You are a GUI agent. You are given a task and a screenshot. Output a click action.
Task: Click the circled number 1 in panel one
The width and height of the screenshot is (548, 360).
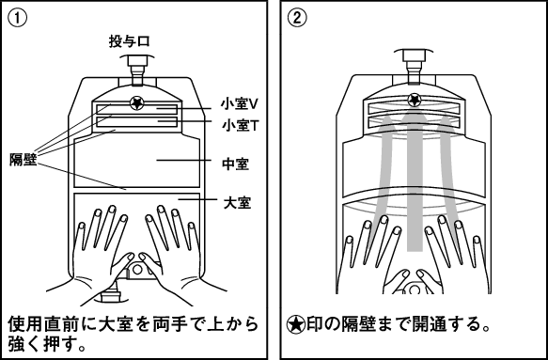pyautogui.click(x=17, y=18)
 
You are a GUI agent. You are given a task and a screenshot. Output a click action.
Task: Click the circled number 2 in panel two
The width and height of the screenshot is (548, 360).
pyautogui.click(x=297, y=18)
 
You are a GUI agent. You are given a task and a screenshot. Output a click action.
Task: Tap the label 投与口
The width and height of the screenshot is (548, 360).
pyautogui.click(x=130, y=41)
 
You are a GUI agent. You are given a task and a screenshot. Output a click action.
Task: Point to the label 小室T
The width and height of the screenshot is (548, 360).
pyautogui.click(x=240, y=125)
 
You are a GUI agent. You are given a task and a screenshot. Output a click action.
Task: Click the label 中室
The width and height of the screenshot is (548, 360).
pyautogui.click(x=235, y=164)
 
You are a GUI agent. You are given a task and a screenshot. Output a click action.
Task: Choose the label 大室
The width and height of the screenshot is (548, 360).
pyautogui.click(x=237, y=202)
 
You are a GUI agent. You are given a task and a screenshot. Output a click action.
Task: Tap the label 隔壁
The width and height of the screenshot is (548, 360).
pyautogui.click(x=23, y=160)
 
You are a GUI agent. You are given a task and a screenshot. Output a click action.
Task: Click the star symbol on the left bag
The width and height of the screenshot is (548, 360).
pyautogui.click(x=136, y=103)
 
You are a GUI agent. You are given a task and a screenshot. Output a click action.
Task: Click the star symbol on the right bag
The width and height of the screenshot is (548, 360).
pyautogui.click(x=415, y=100)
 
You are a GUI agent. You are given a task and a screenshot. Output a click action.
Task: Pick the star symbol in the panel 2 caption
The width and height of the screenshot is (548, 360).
pyautogui.click(x=296, y=324)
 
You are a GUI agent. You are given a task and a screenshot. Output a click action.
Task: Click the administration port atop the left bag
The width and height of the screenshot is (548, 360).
pyautogui.click(x=136, y=70)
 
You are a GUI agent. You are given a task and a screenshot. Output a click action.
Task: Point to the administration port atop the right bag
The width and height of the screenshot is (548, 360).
pyautogui.click(x=414, y=67)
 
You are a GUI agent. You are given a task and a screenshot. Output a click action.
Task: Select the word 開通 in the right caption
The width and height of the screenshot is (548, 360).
pyautogui.click(x=430, y=324)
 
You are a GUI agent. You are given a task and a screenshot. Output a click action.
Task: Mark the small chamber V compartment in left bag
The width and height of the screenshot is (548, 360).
pyautogui.click(x=136, y=110)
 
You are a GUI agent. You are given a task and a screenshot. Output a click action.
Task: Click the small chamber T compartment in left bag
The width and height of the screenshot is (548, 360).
pyautogui.click(x=136, y=121)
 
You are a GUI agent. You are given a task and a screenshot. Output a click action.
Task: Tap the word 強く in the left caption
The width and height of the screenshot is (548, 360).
pyautogui.click(x=25, y=345)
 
